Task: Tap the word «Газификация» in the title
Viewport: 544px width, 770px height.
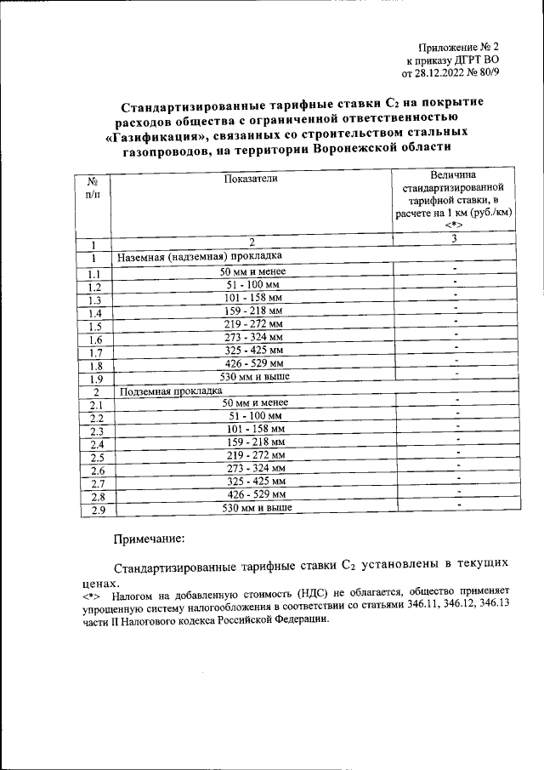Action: click(156, 134)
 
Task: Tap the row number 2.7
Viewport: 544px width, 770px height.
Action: click(95, 484)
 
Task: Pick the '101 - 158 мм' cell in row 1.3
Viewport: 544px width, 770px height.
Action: click(252, 299)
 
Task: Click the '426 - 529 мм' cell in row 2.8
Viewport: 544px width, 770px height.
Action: click(252, 494)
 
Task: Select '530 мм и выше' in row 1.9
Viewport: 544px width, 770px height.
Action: click(252, 376)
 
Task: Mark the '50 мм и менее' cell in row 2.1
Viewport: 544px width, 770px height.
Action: click(253, 402)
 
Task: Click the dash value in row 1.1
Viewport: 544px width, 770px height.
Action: click(456, 270)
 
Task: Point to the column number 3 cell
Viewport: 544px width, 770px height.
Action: click(455, 238)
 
